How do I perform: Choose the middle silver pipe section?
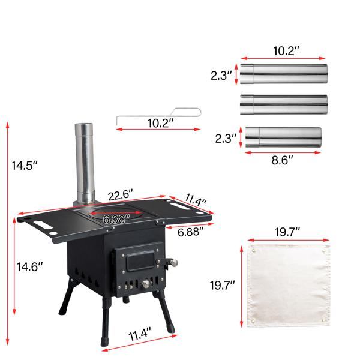[x=283, y=105]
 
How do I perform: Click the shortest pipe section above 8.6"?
[x=283, y=137]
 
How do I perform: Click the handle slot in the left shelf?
[x=44, y=225]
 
